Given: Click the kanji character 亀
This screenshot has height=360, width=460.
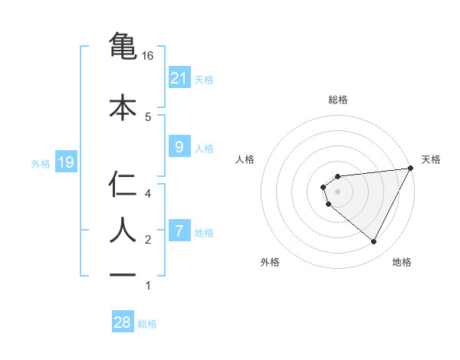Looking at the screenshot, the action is [x=123, y=46].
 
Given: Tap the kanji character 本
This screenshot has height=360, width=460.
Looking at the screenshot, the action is [x=123, y=106].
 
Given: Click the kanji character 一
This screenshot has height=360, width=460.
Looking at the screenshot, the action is [x=123, y=273].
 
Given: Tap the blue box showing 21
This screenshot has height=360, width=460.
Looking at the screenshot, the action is [x=179, y=77].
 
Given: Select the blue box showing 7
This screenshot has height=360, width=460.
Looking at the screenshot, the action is [x=179, y=231].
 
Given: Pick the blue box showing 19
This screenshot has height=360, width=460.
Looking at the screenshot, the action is [x=65, y=162].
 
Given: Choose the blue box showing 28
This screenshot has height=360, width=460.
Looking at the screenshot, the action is [x=123, y=322].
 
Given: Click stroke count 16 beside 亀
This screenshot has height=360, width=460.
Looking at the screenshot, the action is [x=148, y=56].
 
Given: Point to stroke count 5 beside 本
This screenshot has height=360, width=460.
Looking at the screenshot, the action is [x=148, y=116].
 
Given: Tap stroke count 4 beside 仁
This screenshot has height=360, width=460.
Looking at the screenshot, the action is [x=148, y=193].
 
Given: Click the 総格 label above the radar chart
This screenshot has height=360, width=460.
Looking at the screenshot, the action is [x=337, y=100].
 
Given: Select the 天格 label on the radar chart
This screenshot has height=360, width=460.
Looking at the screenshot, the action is [x=431, y=159].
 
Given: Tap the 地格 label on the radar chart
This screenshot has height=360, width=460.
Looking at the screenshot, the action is [x=402, y=262].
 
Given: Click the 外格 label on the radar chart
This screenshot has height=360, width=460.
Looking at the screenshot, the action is [x=270, y=262].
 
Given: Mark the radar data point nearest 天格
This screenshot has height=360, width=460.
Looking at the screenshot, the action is [x=411, y=169].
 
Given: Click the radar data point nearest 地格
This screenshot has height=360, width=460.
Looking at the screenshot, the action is [x=374, y=242].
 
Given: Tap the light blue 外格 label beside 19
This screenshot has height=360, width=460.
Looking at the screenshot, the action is [x=40, y=163].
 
